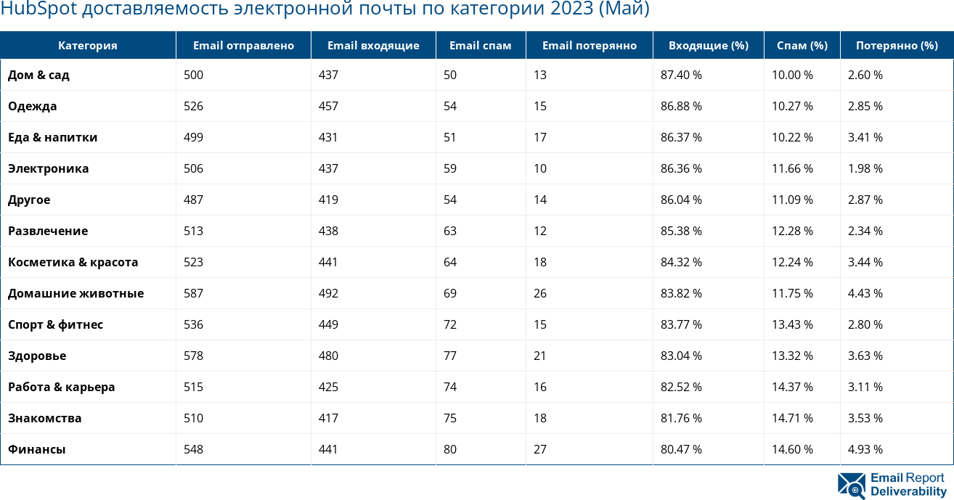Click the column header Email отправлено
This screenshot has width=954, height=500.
tap(243, 45)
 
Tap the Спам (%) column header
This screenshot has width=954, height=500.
tap(802, 45)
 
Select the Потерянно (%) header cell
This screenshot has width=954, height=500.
tap(897, 45)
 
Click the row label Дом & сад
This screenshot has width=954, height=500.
tap(39, 75)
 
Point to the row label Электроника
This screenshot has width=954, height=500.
tap(49, 168)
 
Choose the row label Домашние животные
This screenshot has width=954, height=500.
tap(76, 293)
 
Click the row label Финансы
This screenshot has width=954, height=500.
tap(37, 449)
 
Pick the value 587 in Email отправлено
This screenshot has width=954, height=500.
tap(194, 293)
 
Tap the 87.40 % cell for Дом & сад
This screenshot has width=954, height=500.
tap(681, 75)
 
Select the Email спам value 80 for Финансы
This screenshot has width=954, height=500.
tap(450, 449)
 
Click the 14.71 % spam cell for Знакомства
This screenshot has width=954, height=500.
tap(792, 418)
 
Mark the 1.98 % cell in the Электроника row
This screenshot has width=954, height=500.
tap(865, 168)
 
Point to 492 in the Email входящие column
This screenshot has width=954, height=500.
tap(329, 293)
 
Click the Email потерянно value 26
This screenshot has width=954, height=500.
tap(540, 293)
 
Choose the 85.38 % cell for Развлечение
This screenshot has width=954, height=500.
tap(681, 231)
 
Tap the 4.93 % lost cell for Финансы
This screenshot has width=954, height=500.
tap(865, 449)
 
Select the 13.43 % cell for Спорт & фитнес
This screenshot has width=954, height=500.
tap(792, 324)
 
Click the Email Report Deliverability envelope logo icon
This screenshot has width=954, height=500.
tap(851, 485)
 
